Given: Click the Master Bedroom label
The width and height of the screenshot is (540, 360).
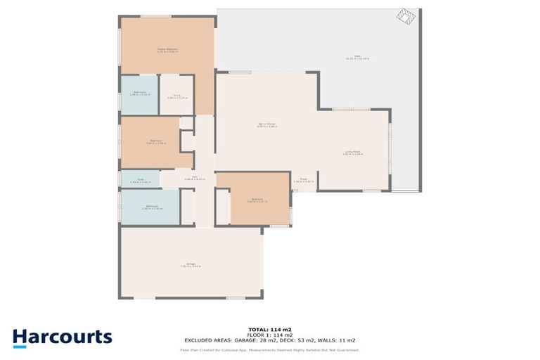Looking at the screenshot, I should [167, 49].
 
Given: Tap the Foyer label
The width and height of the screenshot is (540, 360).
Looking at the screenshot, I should [304, 180].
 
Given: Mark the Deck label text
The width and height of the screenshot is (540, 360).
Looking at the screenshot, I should [357, 58].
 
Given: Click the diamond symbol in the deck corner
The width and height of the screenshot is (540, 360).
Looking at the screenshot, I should [406, 17].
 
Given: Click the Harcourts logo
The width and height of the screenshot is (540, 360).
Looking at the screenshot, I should [63, 337].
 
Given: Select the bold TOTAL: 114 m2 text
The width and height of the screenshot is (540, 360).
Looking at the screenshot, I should [270, 329].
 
